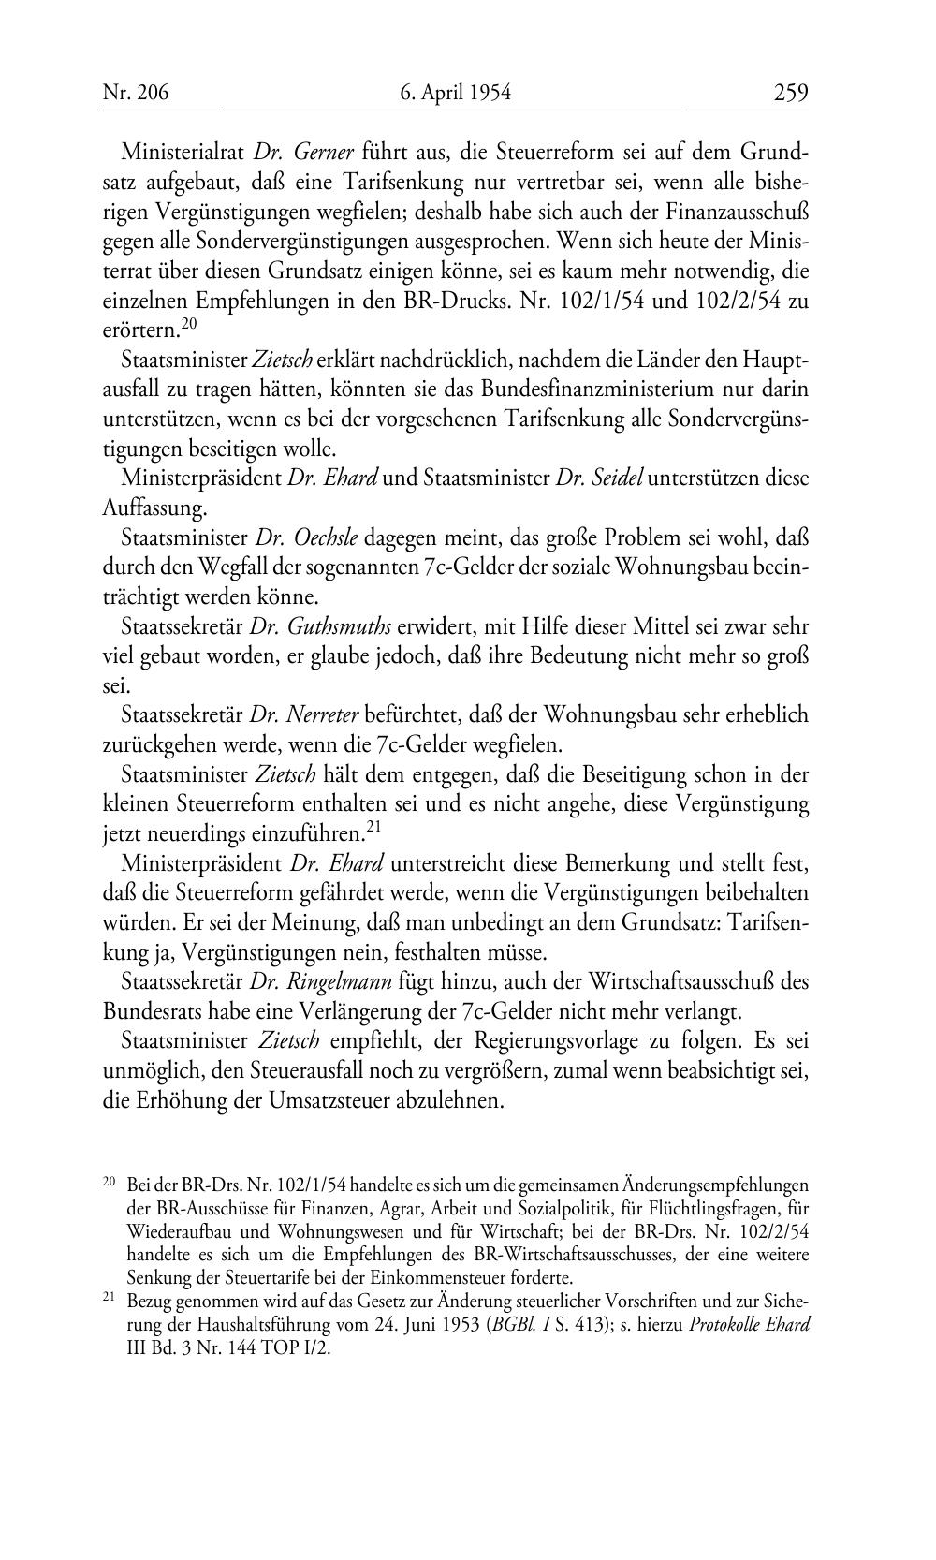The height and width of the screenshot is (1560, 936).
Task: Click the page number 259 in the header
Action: pyautogui.click(x=790, y=93)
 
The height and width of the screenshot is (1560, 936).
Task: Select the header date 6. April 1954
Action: pyautogui.click(x=455, y=93)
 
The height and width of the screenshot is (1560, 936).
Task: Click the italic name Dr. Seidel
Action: pyautogui.click(x=598, y=478)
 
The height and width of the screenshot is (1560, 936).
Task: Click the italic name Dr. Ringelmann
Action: pyautogui.click(x=321, y=982)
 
